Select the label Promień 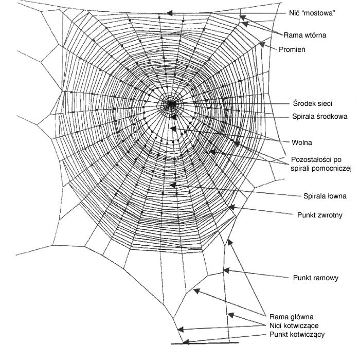click(x=293, y=49)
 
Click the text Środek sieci click(x=311, y=103)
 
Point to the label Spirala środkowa click(x=319, y=116)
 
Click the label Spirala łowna click(x=325, y=196)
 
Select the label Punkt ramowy click(x=315, y=278)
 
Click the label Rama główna click(x=291, y=317)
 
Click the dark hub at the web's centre click(x=169, y=104)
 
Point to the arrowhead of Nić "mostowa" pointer click(x=171, y=13)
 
